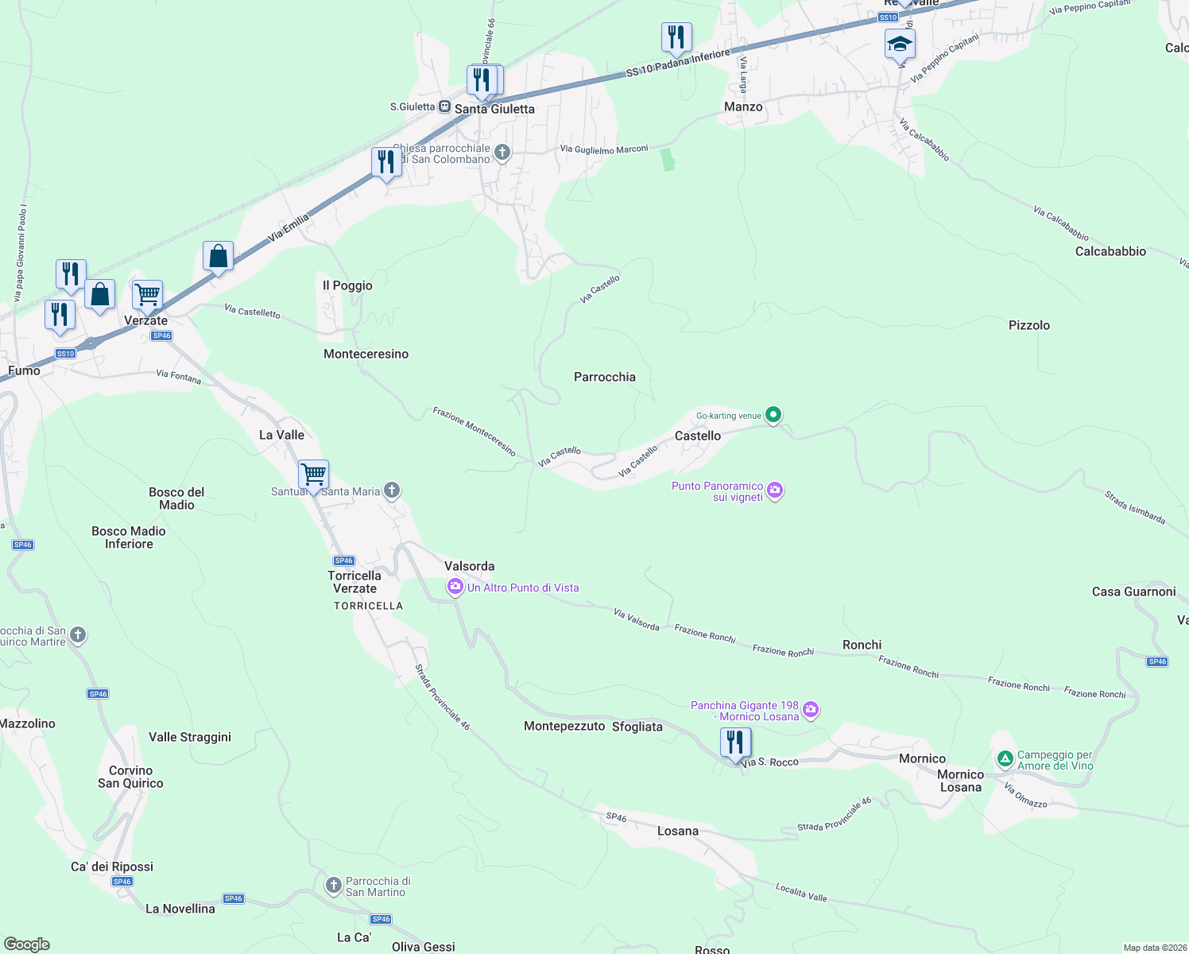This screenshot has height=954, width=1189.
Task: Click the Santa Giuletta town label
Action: (x=494, y=109)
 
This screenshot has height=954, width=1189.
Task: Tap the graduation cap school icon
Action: (x=900, y=45)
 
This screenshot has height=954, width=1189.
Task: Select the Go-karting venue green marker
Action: (x=773, y=415)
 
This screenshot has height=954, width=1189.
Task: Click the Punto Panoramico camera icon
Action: (x=775, y=491)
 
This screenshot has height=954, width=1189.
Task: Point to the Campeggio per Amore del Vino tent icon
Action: (x=1005, y=760)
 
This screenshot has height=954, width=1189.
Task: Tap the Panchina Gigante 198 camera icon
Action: (x=810, y=710)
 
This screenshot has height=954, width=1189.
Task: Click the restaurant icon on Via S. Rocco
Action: (x=735, y=743)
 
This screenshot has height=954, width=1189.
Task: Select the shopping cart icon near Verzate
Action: (x=148, y=295)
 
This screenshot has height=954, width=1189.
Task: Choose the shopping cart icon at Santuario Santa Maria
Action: (x=314, y=475)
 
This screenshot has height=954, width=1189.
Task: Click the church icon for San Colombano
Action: (x=502, y=153)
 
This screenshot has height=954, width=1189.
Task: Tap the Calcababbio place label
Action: (x=1110, y=251)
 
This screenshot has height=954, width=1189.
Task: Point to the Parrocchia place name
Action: (x=605, y=377)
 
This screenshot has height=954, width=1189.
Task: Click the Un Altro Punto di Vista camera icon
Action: (x=455, y=588)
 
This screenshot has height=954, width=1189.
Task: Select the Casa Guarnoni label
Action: (x=1133, y=591)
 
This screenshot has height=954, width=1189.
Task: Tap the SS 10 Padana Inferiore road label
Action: (x=677, y=64)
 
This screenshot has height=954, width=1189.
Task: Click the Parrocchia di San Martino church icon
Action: (x=334, y=885)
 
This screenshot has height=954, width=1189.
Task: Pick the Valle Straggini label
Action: (x=190, y=737)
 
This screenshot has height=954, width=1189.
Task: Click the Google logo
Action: (x=27, y=944)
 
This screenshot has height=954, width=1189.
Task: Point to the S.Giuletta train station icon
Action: (x=445, y=107)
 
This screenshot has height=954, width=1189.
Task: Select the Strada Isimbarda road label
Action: (x=1134, y=508)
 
